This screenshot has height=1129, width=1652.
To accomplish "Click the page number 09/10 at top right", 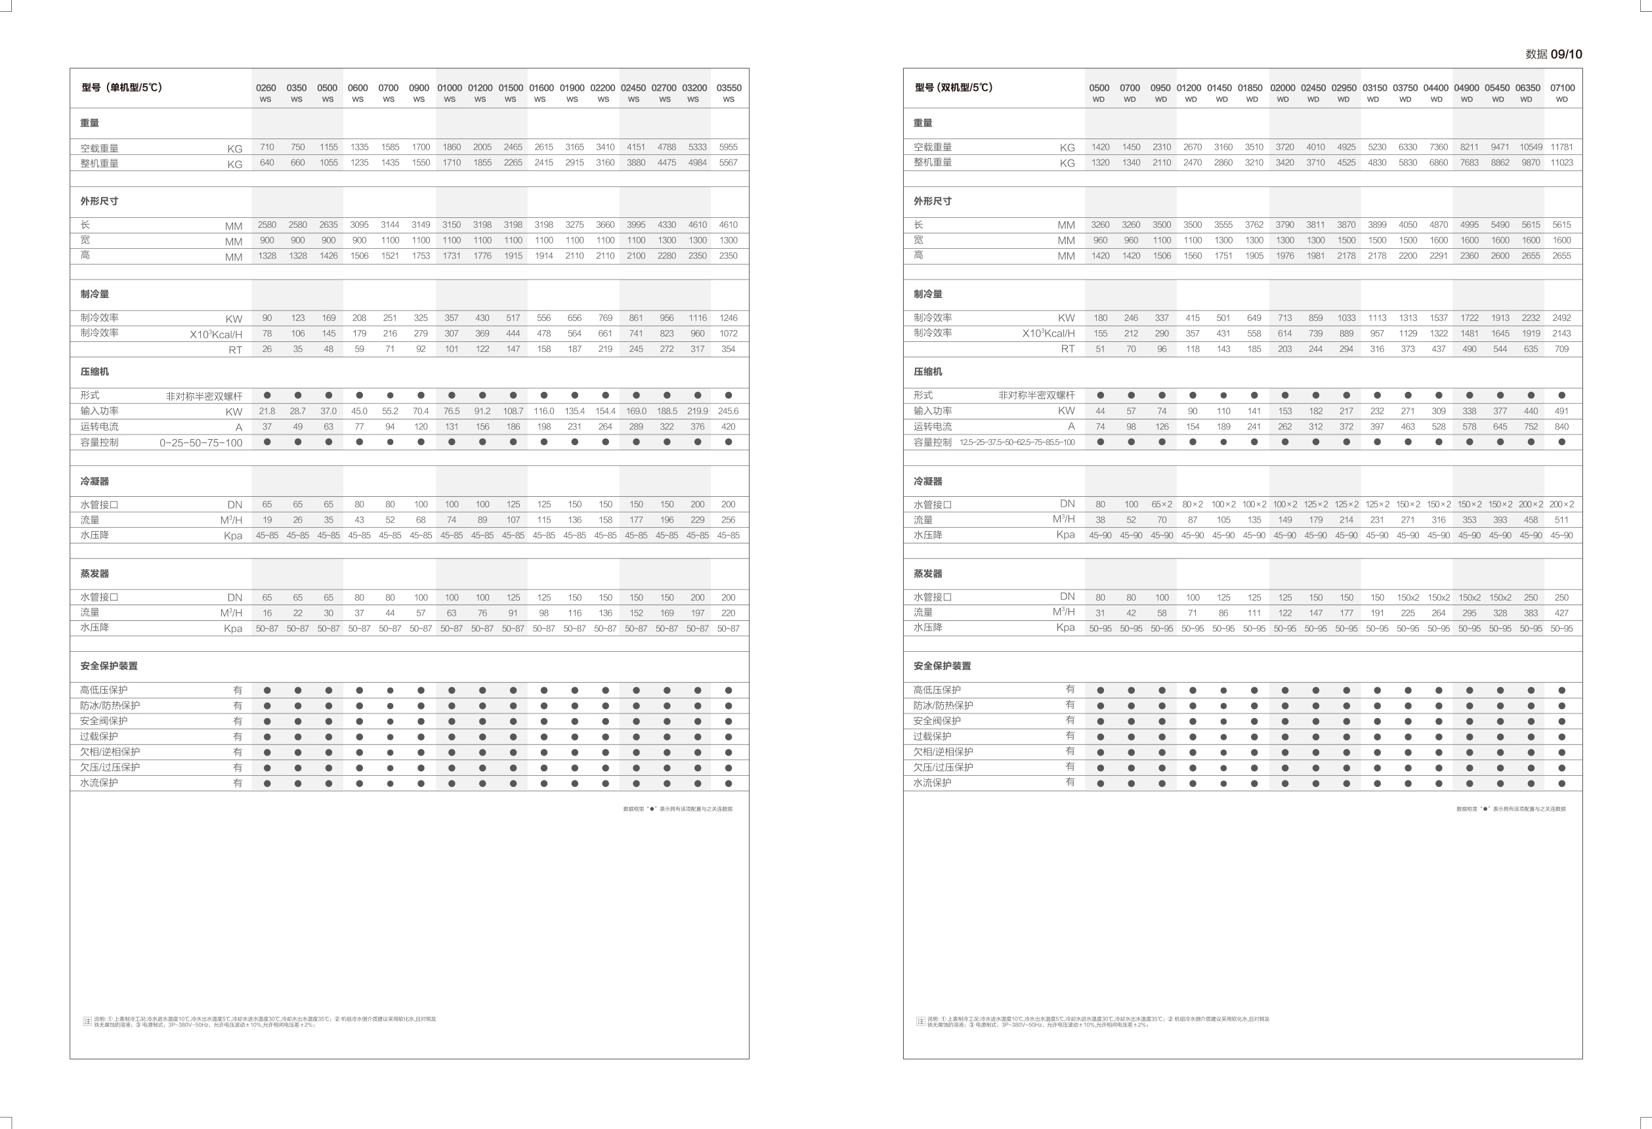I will (x=1566, y=54).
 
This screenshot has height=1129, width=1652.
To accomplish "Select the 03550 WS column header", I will (x=729, y=93).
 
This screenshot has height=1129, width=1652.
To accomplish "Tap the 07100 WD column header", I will (x=1561, y=93).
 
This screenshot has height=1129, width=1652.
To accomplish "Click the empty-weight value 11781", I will (x=1561, y=147).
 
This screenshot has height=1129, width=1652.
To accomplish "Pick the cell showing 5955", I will (x=728, y=147).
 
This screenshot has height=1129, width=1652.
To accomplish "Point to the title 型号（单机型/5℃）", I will (x=121, y=87).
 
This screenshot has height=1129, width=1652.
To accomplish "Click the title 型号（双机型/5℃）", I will (x=953, y=87).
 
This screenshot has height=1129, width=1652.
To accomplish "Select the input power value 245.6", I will (x=728, y=411).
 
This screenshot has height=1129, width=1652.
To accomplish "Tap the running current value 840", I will (x=1561, y=427).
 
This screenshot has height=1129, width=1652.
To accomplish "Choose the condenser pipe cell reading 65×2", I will (x=1162, y=504).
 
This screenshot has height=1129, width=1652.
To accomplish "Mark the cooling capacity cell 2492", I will (x=1561, y=318).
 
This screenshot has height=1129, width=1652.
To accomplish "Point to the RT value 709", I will (x=1561, y=349).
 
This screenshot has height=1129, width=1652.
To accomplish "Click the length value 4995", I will (x=1470, y=224).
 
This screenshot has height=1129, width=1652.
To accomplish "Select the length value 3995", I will (x=635, y=224).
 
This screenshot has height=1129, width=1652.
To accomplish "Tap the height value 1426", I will (x=328, y=256).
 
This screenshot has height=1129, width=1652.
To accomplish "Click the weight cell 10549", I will (x=1531, y=147).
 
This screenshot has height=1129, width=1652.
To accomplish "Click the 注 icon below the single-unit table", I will (x=87, y=1021).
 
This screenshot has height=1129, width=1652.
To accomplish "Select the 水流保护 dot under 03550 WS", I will (x=729, y=784).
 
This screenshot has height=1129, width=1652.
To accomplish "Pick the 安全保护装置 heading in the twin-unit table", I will (x=942, y=666).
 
